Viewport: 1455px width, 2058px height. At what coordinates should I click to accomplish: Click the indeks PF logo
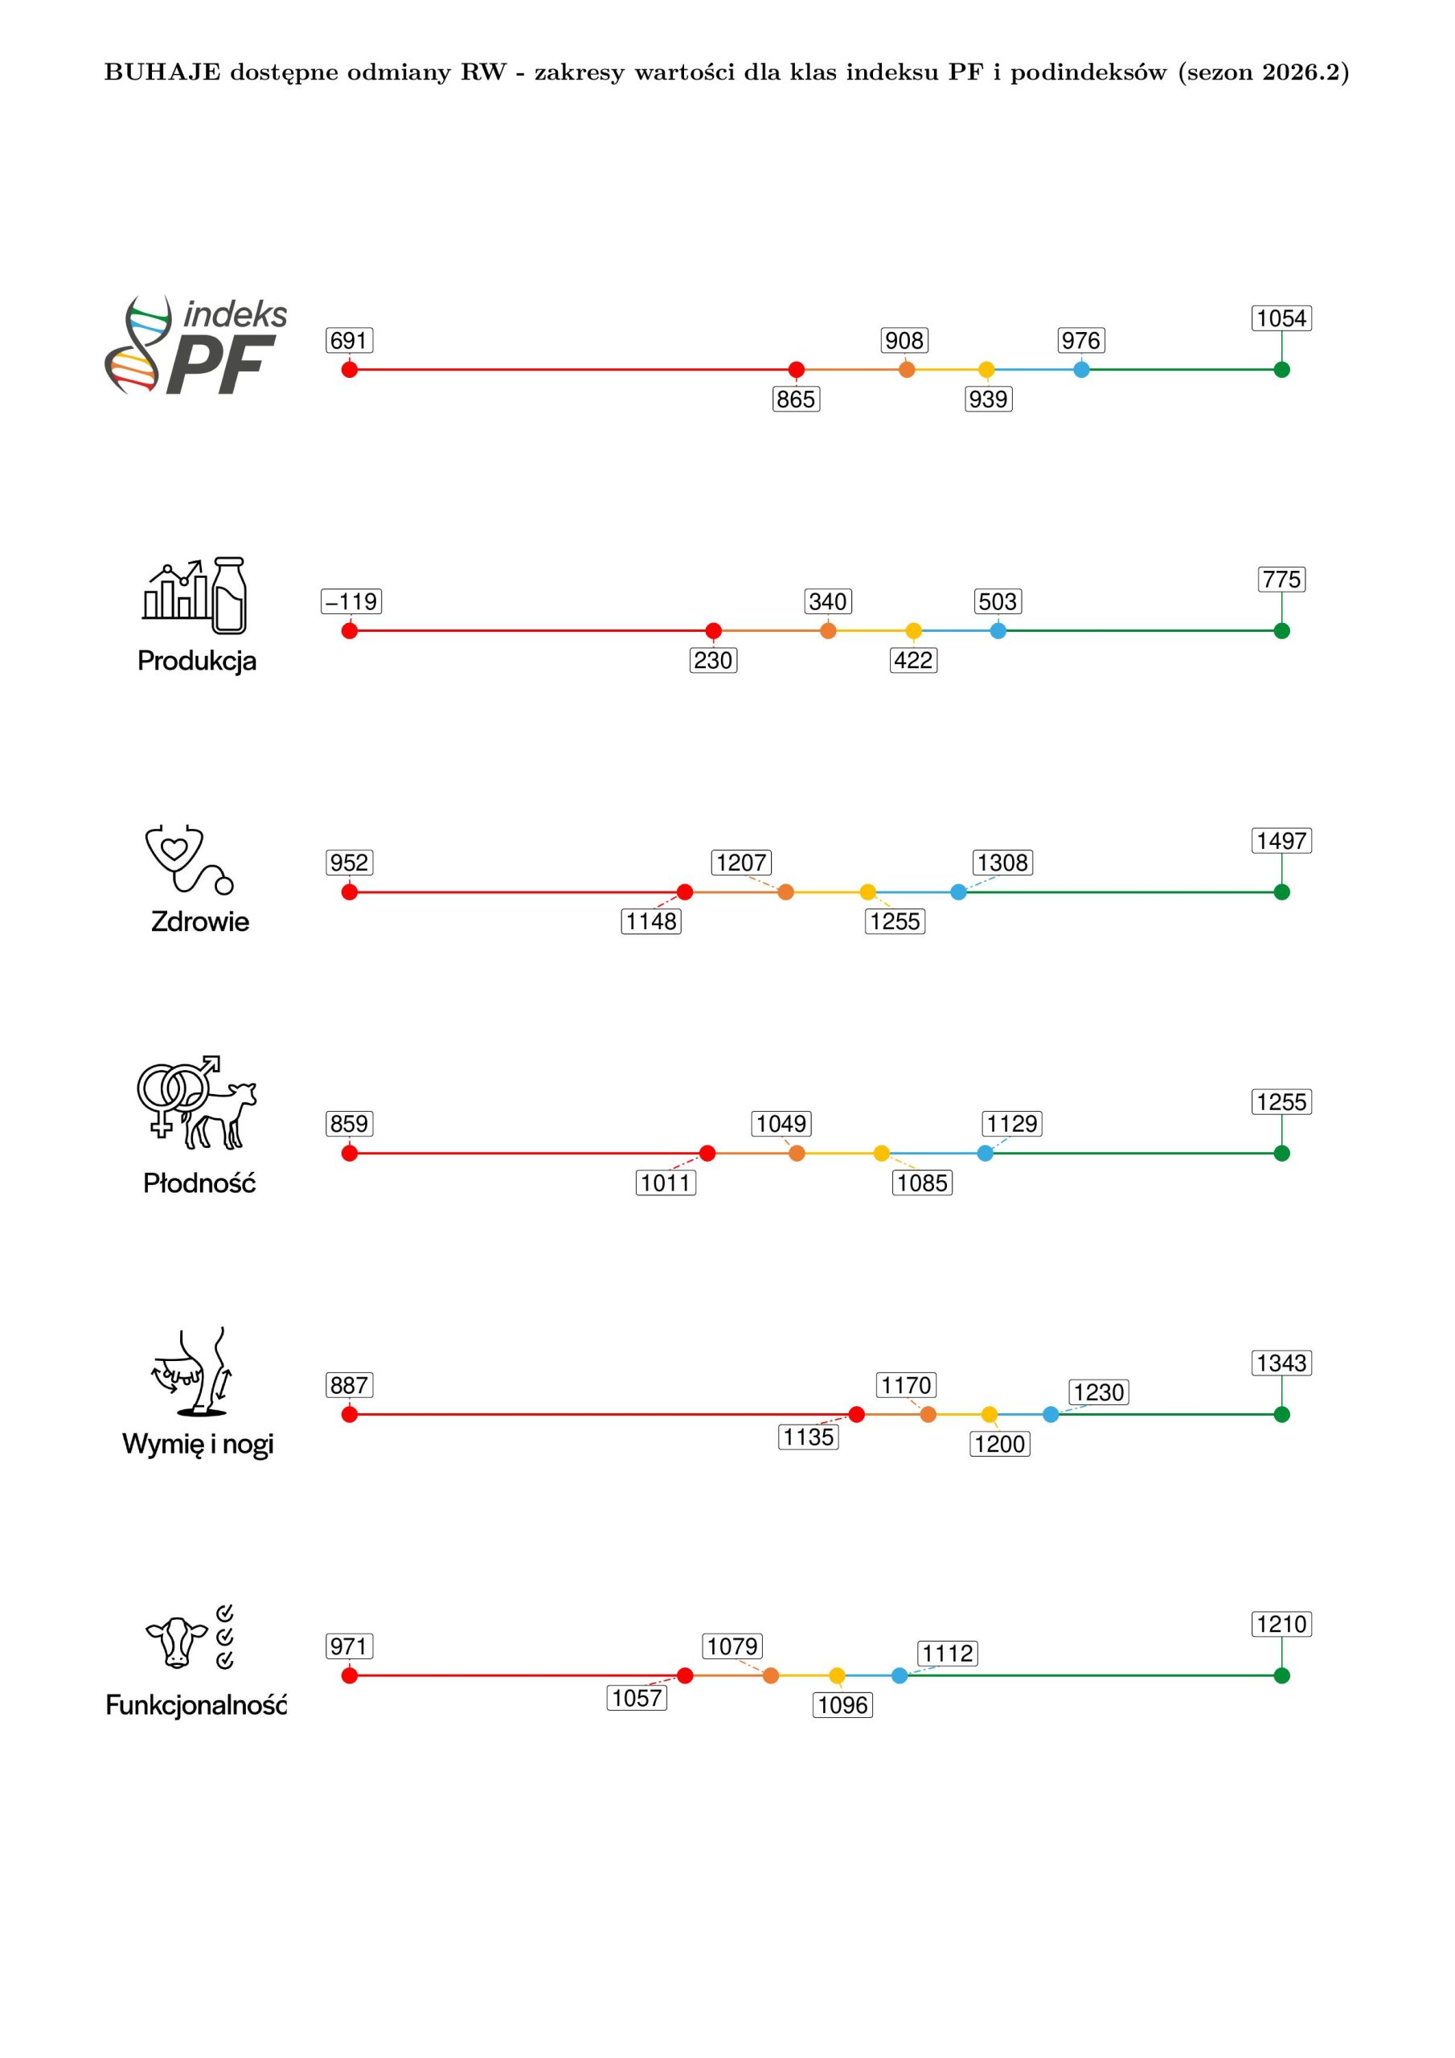[x=196, y=345]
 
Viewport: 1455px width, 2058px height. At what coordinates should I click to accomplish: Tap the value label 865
[x=796, y=399]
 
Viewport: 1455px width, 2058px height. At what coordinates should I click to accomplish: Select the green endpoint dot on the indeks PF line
[x=1282, y=369]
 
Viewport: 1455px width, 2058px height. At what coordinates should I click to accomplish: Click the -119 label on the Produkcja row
[x=351, y=601]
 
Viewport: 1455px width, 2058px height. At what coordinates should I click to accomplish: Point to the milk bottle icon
[x=228, y=595]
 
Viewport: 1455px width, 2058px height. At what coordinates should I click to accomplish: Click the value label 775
[x=1282, y=579]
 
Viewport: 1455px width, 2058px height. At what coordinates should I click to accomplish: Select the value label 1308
[x=1003, y=863]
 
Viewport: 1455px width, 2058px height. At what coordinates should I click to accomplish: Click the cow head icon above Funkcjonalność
[x=177, y=1643]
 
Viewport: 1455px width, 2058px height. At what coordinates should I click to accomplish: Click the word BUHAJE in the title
[x=162, y=72]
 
